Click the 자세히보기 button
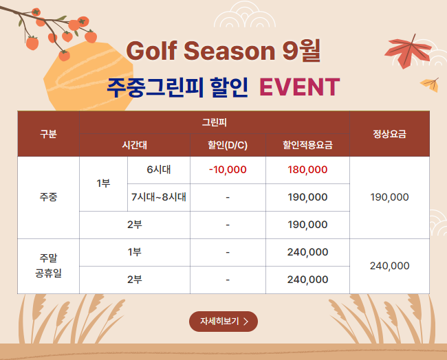[223, 322]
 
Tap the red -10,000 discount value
[228, 170]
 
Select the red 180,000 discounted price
[307, 170]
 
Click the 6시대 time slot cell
[159, 170]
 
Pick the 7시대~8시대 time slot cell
[159, 197]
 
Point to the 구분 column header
[48, 134]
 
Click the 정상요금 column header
[389, 134]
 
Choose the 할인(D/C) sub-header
[228, 145]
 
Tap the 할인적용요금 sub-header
[307, 145]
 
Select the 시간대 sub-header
[135, 145]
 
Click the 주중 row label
[48, 197]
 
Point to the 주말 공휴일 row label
[48, 266]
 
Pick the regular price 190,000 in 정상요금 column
[389, 197]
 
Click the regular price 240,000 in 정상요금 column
[389, 266]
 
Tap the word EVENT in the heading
[300, 87]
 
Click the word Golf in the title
[152, 51]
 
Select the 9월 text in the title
[301, 51]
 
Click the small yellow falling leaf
[430, 85]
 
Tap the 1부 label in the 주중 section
[103, 183]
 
